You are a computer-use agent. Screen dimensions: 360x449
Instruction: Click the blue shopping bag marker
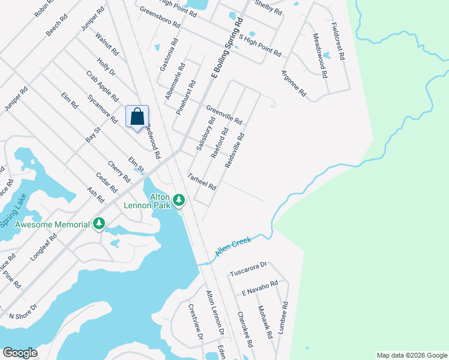(x=137, y=116)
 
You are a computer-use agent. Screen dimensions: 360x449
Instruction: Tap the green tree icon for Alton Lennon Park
(x=178, y=199)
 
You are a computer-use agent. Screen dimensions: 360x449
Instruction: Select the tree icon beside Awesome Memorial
(x=99, y=224)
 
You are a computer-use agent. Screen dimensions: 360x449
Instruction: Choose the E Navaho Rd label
(x=260, y=287)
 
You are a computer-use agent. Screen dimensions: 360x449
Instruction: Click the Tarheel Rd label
(x=201, y=182)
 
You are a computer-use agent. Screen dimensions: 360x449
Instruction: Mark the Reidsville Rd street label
(x=235, y=151)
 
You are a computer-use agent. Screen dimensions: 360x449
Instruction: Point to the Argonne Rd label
(x=294, y=85)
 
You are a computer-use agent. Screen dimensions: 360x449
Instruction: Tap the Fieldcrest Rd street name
(x=337, y=41)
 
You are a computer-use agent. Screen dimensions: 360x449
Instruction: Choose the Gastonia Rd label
(x=167, y=55)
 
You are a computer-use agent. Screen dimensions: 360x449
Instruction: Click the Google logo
(x=20, y=353)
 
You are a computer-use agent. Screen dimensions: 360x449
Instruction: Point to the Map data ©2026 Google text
(x=411, y=355)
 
